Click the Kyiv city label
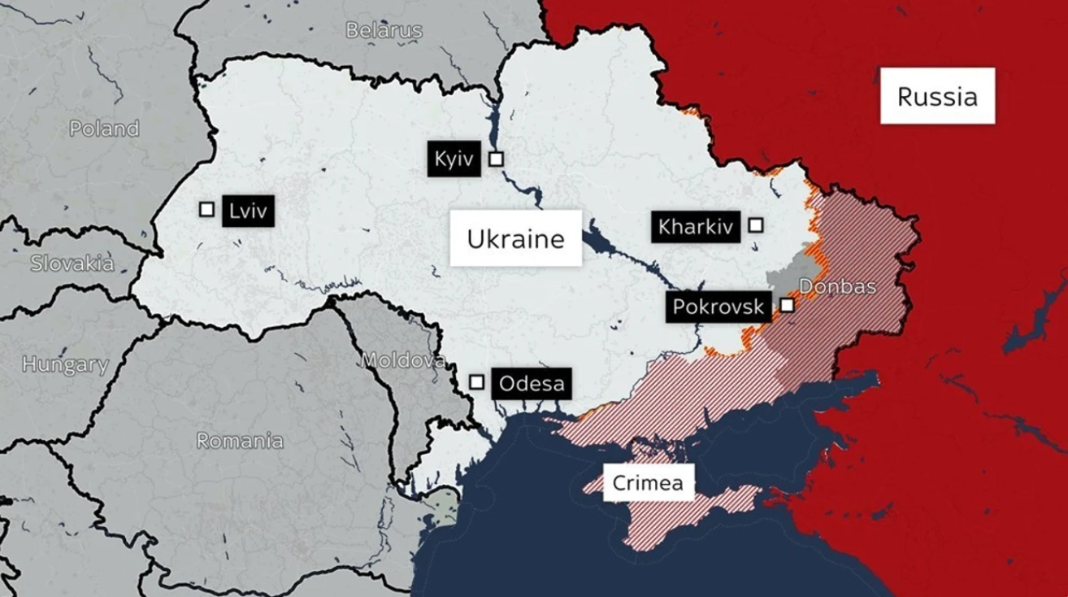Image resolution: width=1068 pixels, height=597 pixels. (x=454, y=159)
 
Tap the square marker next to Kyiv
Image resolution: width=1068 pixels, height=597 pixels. (x=496, y=159)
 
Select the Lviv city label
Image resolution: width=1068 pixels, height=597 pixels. (x=248, y=210)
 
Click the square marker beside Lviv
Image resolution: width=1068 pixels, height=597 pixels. (x=206, y=209)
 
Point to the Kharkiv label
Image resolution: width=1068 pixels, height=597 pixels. (x=696, y=226)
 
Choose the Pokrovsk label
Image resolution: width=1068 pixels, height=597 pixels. (x=719, y=307)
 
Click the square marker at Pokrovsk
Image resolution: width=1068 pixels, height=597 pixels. (x=787, y=305)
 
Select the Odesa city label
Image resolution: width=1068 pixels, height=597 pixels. (x=532, y=383)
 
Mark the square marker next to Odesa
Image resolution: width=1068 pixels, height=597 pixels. (x=477, y=382)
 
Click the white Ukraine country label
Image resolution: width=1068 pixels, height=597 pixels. (x=515, y=238)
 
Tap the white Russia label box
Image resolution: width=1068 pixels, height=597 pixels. (x=937, y=97)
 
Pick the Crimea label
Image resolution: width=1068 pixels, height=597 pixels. (x=648, y=484)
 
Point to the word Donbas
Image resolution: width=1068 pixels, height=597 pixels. (x=837, y=286)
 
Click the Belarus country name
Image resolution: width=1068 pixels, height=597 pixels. (x=384, y=31)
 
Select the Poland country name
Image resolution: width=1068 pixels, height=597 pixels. (x=104, y=129)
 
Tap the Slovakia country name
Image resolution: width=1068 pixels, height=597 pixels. (x=72, y=263)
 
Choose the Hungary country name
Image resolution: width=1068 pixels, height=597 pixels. (x=65, y=365)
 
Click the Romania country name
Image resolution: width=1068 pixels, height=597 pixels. (x=240, y=441)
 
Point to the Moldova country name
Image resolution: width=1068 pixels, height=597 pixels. (x=404, y=360)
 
